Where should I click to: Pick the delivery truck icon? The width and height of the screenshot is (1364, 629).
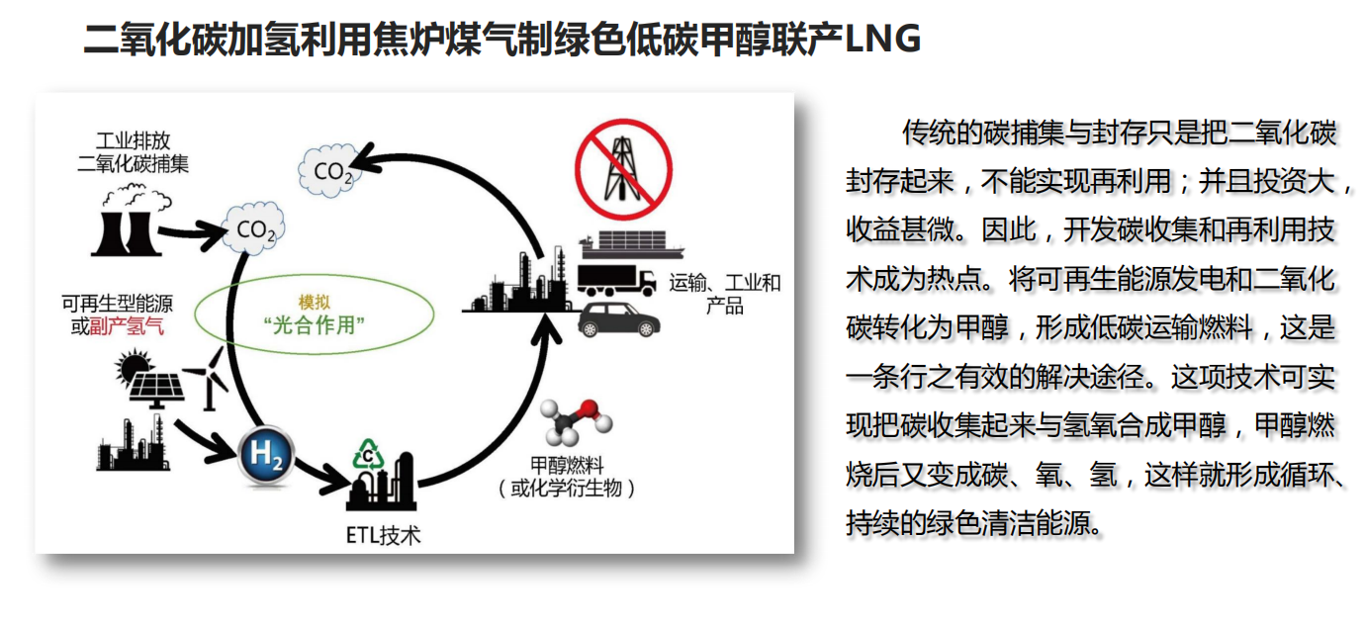click(x=615, y=280)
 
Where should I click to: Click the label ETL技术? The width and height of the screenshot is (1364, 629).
click(x=383, y=536)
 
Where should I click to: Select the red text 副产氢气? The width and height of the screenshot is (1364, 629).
click(x=127, y=327)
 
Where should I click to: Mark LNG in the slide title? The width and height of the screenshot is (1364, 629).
click(x=884, y=40)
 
